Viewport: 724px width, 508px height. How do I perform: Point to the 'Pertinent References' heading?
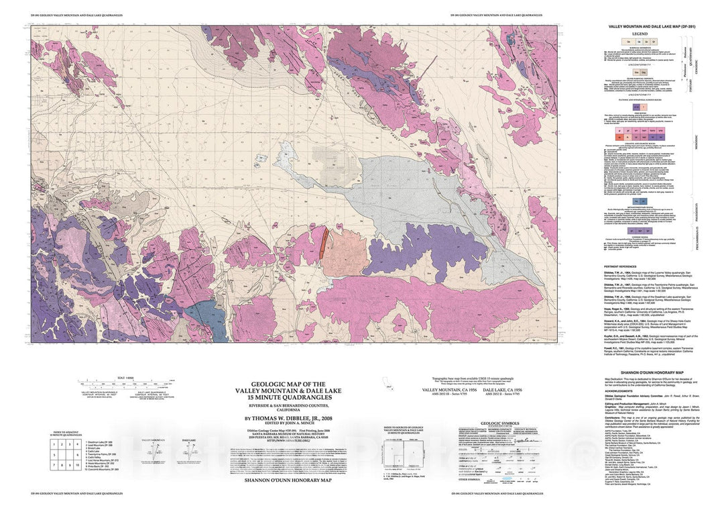(621, 267)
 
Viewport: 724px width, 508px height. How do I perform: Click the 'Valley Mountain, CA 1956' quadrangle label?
(450, 389)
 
